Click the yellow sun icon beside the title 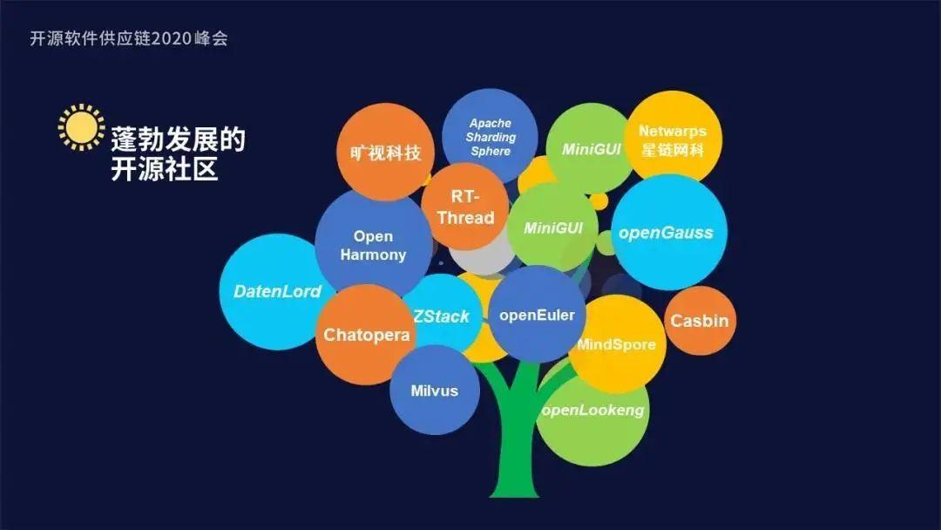pyautogui.click(x=81, y=128)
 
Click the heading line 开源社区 pyautogui.click(x=164, y=169)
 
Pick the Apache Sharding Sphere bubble pyautogui.click(x=490, y=136)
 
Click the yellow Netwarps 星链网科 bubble pyautogui.click(x=673, y=139)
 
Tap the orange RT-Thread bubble pyautogui.click(x=465, y=207)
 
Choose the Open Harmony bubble pyautogui.click(x=373, y=245)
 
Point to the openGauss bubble pyautogui.click(x=666, y=233)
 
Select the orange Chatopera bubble pyautogui.click(x=366, y=335)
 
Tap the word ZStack pyautogui.click(x=441, y=316)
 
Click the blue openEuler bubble pyautogui.click(x=537, y=315)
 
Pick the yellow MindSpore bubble pyautogui.click(x=617, y=343)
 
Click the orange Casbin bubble pyautogui.click(x=699, y=321)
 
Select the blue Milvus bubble pyautogui.click(x=434, y=391)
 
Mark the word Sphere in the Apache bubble pyautogui.click(x=491, y=151)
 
